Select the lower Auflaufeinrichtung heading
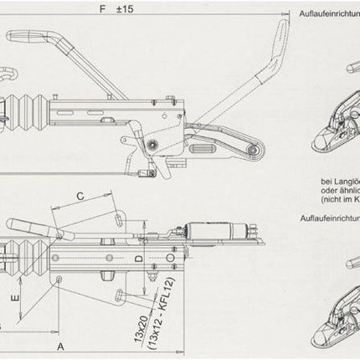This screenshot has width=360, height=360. [x=328, y=217]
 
